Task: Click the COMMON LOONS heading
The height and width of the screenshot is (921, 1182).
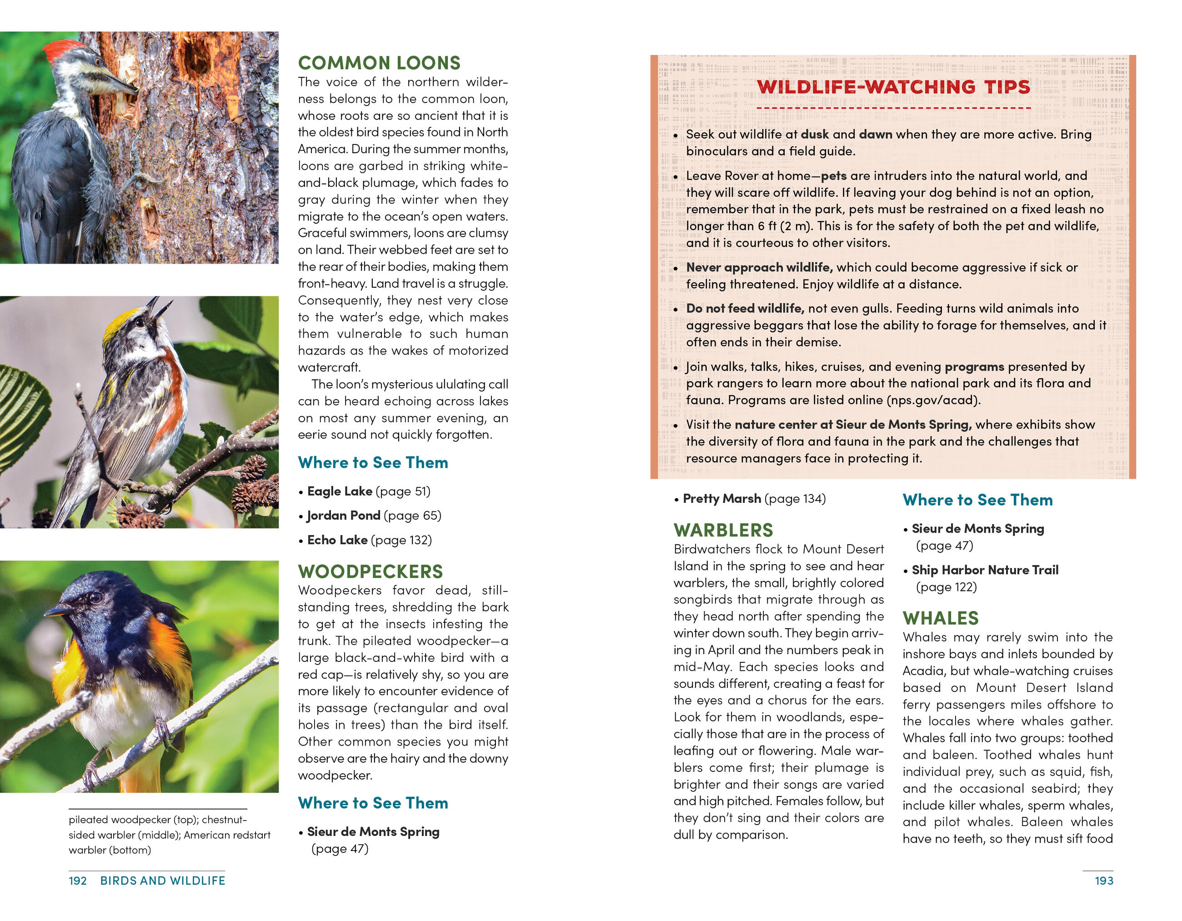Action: click(379, 63)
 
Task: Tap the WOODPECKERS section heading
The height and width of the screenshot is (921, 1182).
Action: click(370, 571)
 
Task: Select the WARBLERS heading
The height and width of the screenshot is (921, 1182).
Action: click(723, 530)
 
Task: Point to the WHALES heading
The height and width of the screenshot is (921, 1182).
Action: click(941, 618)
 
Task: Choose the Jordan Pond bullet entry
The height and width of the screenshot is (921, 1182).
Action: click(373, 516)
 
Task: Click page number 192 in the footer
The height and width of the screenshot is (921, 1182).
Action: click(77, 881)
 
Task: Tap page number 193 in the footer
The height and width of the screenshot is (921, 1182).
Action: click(1103, 881)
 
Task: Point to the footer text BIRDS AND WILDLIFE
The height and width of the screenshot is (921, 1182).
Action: click(162, 881)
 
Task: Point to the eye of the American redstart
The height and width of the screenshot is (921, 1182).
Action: click(96, 598)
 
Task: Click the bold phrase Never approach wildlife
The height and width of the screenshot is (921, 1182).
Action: click(759, 267)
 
